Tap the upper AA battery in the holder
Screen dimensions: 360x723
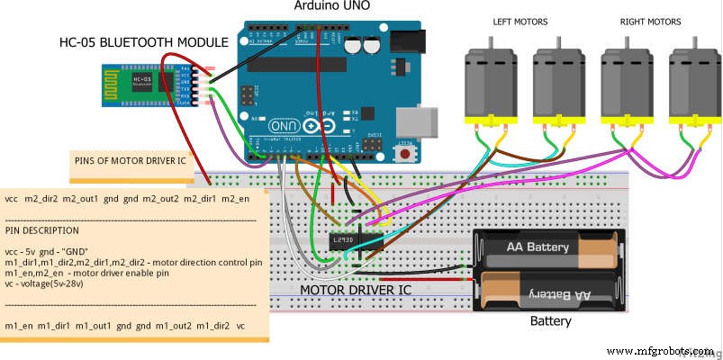[547, 247]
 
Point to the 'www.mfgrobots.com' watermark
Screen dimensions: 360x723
[659, 351]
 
